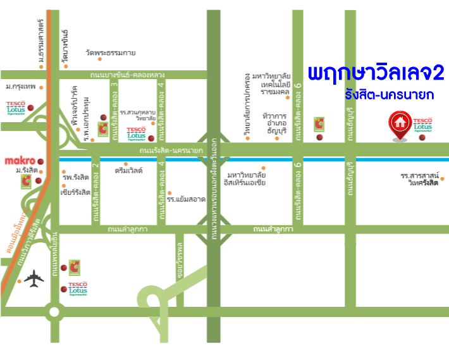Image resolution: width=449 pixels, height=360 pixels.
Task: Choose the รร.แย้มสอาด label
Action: click(x=187, y=199)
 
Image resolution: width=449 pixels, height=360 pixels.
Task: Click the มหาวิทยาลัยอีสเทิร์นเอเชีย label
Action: click(x=246, y=178)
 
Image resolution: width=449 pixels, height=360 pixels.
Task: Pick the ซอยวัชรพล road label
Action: click(x=180, y=254)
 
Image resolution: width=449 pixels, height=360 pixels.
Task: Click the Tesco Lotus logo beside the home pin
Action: click(x=422, y=125)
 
